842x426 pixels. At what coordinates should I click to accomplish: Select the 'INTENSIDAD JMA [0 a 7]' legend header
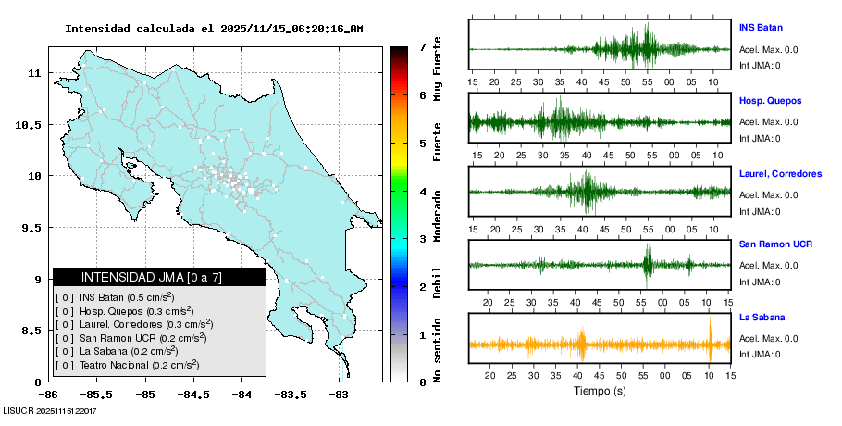151,277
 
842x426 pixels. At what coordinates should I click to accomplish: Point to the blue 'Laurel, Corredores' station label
780,173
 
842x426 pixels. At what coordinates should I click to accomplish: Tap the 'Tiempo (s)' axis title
600,392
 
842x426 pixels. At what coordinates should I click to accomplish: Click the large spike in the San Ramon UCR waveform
648,264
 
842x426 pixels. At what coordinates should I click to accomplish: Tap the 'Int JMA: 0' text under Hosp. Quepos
760,139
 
